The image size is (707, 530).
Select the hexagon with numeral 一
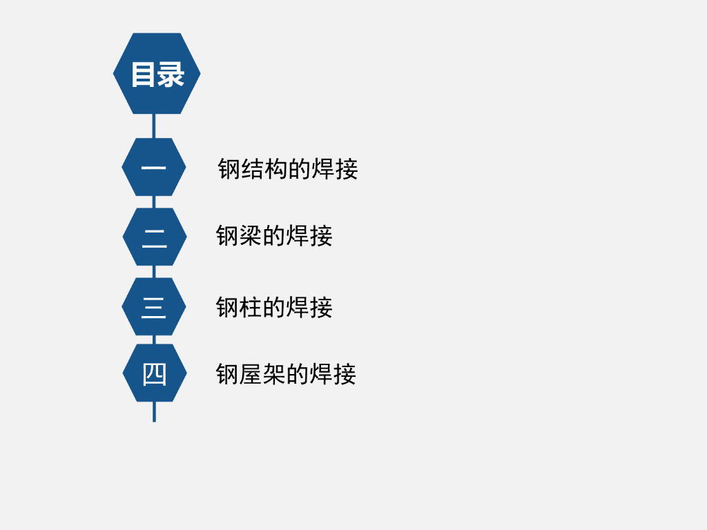(x=154, y=167)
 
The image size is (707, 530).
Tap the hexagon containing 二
(x=155, y=237)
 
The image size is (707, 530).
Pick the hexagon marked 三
(x=154, y=306)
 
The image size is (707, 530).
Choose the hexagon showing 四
(x=155, y=373)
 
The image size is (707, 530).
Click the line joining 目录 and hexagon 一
(x=154, y=126)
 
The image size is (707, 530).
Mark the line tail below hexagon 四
(x=154, y=411)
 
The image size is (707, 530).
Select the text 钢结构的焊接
(x=288, y=168)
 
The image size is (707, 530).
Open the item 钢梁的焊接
(x=274, y=236)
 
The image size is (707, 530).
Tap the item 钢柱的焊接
(x=274, y=307)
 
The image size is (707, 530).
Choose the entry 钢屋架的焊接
(x=286, y=374)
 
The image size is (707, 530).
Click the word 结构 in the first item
(x=264, y=168)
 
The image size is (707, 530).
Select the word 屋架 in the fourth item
(x=262, y=374)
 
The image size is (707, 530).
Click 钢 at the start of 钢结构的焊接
(x=229, y=168)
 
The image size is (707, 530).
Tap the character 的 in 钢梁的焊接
(x=274, y=236)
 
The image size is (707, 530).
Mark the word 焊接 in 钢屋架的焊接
(x=333, y=374)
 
